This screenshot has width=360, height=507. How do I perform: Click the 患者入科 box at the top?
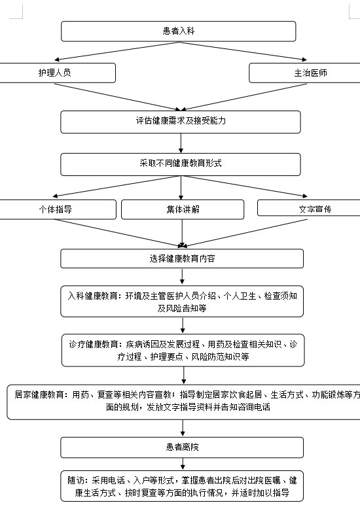click(x=179, y=31)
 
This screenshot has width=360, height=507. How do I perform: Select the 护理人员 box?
click(x=57, y=73)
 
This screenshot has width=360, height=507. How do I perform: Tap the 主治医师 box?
click(x=304, y=73)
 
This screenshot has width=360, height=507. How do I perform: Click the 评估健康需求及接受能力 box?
click(x=181, y=122)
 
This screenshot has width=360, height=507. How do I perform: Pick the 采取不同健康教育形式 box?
click(x=181, y=165)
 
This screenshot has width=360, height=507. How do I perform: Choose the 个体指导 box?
click(x=58, y=209)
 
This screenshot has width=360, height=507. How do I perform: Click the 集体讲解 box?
click(x=183, y=209)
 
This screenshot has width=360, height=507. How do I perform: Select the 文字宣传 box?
click(x=309, y=208)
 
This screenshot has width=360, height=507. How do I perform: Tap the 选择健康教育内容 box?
click(x=182, y=258)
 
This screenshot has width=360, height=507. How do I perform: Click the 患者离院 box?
click(x=182, y=447)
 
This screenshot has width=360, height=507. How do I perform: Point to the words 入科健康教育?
click(x=92, y=296)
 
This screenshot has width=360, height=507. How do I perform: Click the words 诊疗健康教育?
click(x=94, y=344)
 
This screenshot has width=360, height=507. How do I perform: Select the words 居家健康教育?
click(x=39, y=394)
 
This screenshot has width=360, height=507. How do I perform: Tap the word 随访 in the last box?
click(x=76, y=480)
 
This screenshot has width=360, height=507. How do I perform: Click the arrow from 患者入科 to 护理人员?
click(x=117, y=51)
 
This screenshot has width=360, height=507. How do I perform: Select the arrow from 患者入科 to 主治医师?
click(x=243, y=51)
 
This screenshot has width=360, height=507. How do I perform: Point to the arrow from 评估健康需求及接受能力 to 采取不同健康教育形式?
click(x=181, y=143)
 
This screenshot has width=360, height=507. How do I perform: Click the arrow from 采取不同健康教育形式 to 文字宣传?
click(x=244, y=186)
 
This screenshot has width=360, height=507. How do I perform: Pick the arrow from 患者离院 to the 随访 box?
click(x=183, y=464)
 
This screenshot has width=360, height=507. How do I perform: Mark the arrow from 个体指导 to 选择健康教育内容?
click(x=118, y=233)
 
